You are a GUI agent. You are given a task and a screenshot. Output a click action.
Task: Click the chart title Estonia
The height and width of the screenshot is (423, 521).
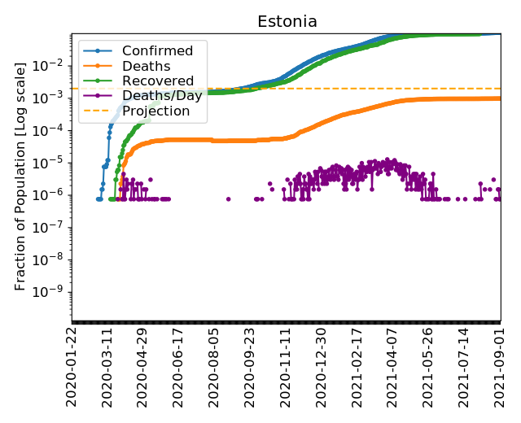pos(287,22)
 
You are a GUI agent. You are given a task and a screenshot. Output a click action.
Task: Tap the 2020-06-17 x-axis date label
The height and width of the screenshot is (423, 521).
pos(179,367)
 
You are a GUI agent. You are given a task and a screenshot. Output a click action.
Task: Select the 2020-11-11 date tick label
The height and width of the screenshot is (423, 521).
pos(286,367)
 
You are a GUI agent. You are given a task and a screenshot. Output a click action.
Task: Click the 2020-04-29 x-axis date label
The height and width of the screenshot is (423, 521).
pos(143,367)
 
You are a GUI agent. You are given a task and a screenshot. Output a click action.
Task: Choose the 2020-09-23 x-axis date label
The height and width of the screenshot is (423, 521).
pos(250,367)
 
